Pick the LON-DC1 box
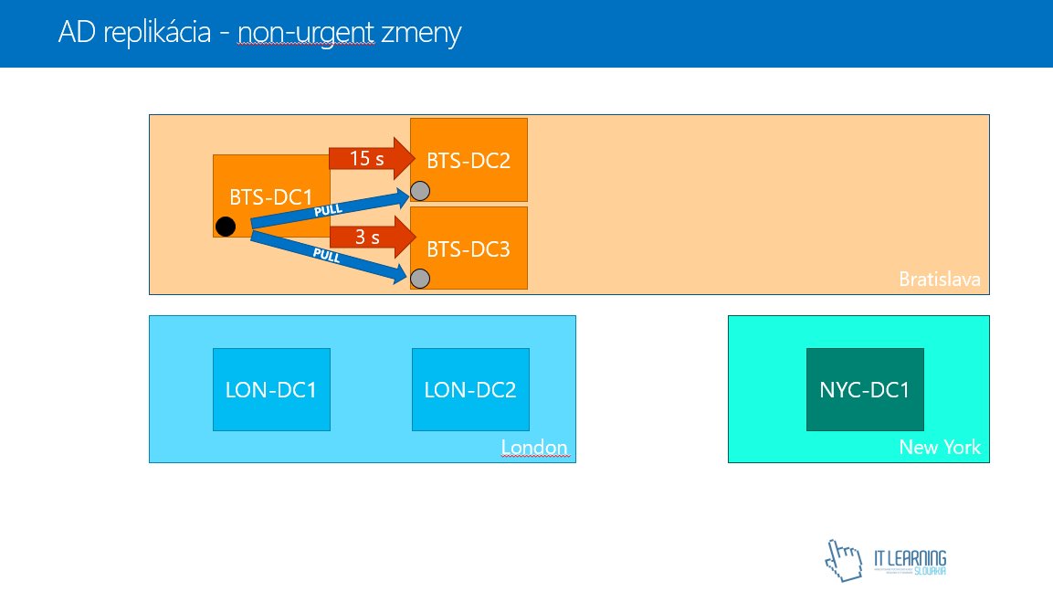pyautogui.click(x=270, y=389)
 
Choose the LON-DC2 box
pyautogui.click(x=470, y=389)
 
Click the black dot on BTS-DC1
pyautogui.click(x=226, y=227)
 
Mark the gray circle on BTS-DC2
pyautogui.click(x=420, y=191)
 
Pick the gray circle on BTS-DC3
pyautogui.click(x=420, y=278)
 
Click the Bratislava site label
pyautogui.click(x=939, y=280)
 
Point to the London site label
pyautogui.click(x=534, y=448)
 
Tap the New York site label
pyautogui.click(x=939, y=448)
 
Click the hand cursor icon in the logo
pyautogui.click(x=843, y=559)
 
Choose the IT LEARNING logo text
pyautogui.click(x=910, y=558)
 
